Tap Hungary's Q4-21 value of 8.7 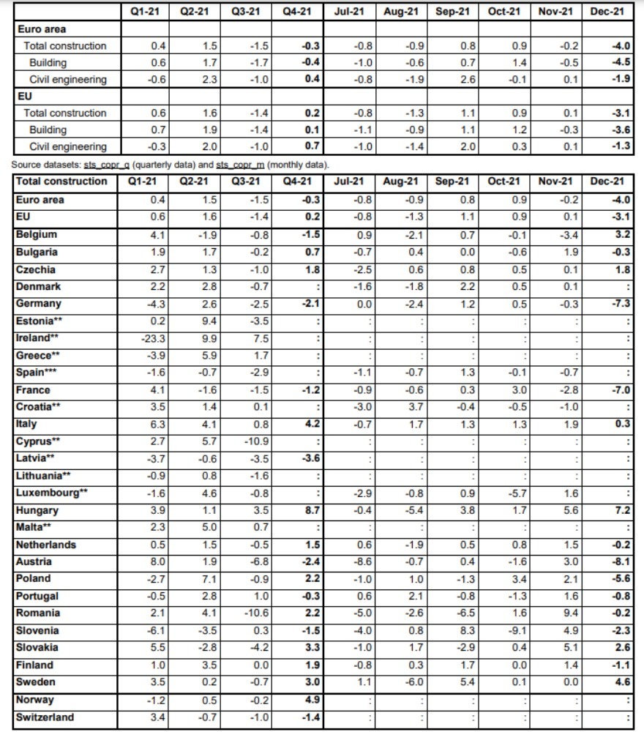(x=312, y=510)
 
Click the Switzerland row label (x=45, y=717)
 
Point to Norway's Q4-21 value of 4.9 (x=312, y=700)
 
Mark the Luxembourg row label (x=51, y=493)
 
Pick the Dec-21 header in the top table (x=607, y=12)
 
